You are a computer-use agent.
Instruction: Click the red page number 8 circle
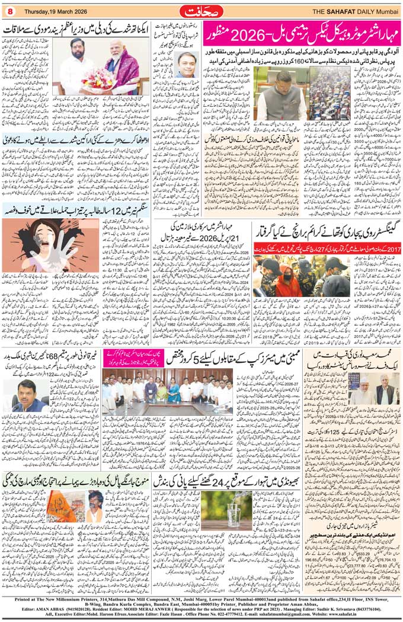click(9, 10)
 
